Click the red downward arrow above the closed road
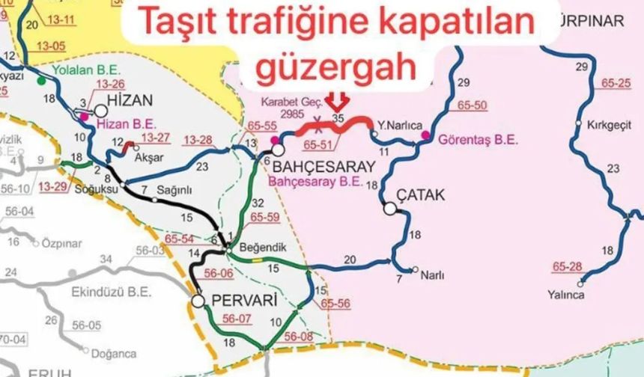coord(340,100)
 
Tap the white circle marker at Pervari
coord(198,301)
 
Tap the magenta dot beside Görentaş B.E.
coord(425,135)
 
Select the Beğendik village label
coord(255,246)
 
